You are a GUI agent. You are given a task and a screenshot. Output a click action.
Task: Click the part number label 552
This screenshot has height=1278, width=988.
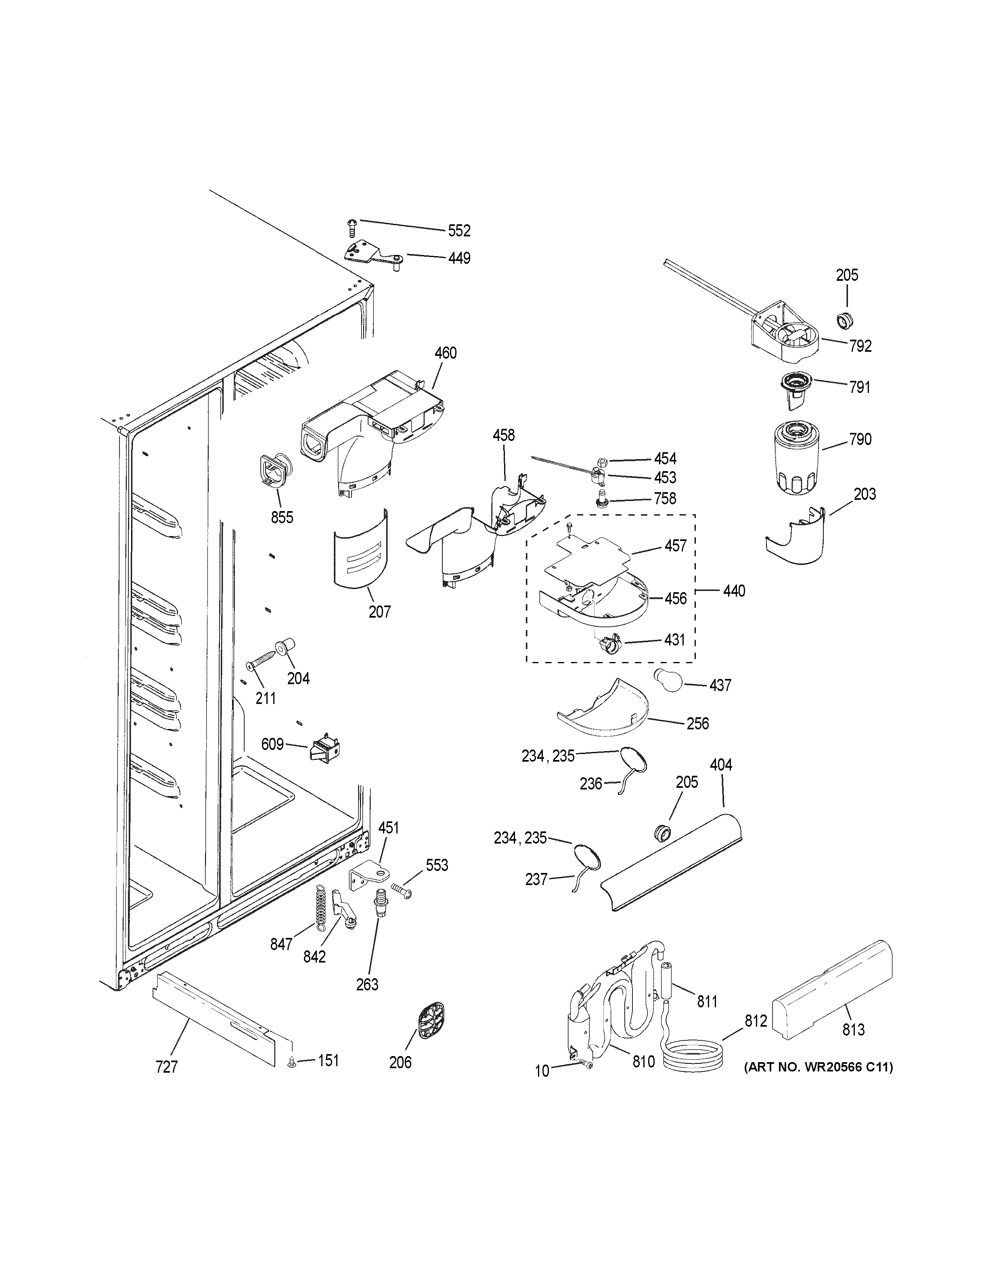[x=459, y=231]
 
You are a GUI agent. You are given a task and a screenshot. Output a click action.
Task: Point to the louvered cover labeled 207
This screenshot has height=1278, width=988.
[x=360, y=548]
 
